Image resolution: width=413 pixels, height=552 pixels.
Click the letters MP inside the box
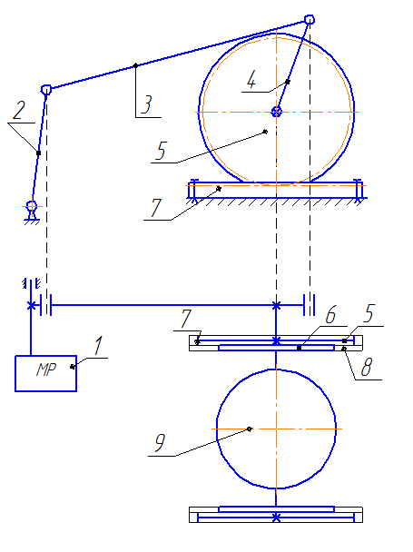coord(46,370)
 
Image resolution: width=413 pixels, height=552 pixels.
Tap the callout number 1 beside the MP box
coord(99,345)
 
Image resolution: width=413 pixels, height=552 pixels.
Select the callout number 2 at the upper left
coord(19,110)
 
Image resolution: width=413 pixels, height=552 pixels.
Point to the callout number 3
coord(146,104)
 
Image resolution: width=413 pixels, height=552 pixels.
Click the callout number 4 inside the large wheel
coord(251,80)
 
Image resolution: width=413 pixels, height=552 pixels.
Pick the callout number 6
coord(330,314)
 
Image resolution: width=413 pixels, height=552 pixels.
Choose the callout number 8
coord(366,367)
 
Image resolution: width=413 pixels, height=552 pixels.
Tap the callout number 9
coord(160,442)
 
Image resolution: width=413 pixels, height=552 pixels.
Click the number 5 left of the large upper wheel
coord(161,151)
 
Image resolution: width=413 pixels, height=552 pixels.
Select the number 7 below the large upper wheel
coord(155,208)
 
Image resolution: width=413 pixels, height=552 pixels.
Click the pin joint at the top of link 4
coord(310,19)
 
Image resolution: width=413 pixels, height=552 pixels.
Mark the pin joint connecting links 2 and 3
coord(46,89)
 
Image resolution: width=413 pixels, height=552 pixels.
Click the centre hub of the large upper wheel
coord(277,112)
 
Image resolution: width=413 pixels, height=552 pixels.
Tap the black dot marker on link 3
coord(136,65)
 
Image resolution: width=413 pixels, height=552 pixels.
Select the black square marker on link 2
coord(39,153)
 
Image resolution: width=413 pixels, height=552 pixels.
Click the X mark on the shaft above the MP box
coord(32,305)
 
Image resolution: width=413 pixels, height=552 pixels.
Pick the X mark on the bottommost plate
coord(276,517)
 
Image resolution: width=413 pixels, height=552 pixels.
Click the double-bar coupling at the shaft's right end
coord(310,305)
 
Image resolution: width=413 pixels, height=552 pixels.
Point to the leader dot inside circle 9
coord(250,429)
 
